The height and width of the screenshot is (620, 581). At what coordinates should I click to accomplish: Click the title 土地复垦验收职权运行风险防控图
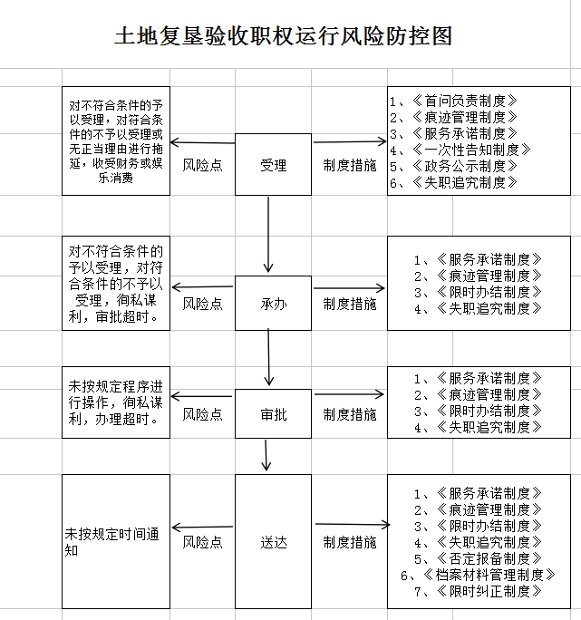tap(283, 37)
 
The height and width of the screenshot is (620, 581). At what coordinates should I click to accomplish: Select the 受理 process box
tap(273, 165)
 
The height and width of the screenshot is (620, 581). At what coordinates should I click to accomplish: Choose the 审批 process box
tap(273, 414)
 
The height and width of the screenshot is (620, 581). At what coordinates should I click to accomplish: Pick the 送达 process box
tap(273, 542)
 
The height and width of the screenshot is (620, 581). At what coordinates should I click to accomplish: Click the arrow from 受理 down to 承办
tap(268, 233)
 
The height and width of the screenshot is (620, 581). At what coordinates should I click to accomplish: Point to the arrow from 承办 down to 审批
tap(268, 358)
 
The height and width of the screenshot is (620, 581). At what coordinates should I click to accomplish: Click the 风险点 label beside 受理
tap(202, 165)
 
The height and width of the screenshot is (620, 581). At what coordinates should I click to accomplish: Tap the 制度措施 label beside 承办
tap(350, 305)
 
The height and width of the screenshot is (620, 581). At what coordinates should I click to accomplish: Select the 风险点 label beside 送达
tap(202, 542)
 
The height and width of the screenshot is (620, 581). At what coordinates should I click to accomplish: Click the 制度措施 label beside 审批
tap(350, 414)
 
